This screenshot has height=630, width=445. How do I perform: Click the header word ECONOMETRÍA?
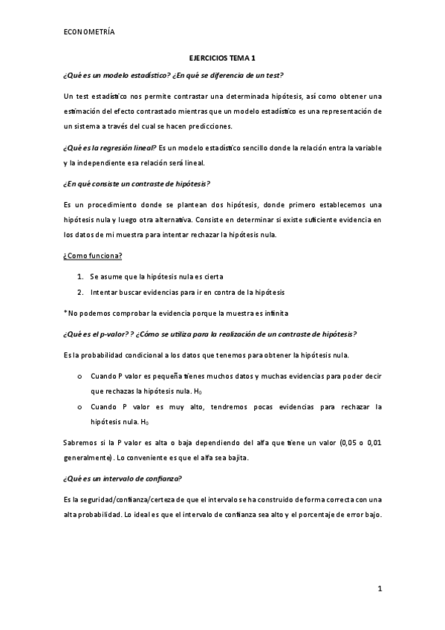pyautogui.click(x=89, y=31)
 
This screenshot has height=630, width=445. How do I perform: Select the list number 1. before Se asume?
pyautogui.click(x=80, y=276)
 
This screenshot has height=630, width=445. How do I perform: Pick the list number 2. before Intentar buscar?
pyautogui.click(x=80, y=292)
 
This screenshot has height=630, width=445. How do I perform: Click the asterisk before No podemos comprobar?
pyautogui.click(x=65, y=312)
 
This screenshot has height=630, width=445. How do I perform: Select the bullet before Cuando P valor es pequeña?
pyautogui.click(x=79, y=377)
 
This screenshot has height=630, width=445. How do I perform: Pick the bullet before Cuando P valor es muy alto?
pyautogui.click(x=79, y=407)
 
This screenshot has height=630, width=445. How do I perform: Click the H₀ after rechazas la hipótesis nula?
pyautogui.click(x=196, y=392)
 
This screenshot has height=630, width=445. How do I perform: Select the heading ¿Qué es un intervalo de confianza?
pyautogui.click(x=123, y=478)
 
